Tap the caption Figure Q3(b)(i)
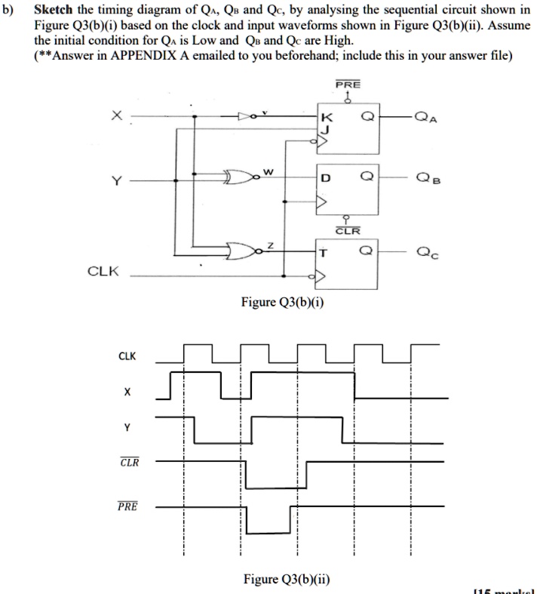283,303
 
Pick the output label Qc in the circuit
426,254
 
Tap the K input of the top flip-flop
326,118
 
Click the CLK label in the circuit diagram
103,271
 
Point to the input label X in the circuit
115,116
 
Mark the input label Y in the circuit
115,180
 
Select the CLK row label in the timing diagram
127,355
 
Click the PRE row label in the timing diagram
127,506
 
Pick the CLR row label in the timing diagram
128,462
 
